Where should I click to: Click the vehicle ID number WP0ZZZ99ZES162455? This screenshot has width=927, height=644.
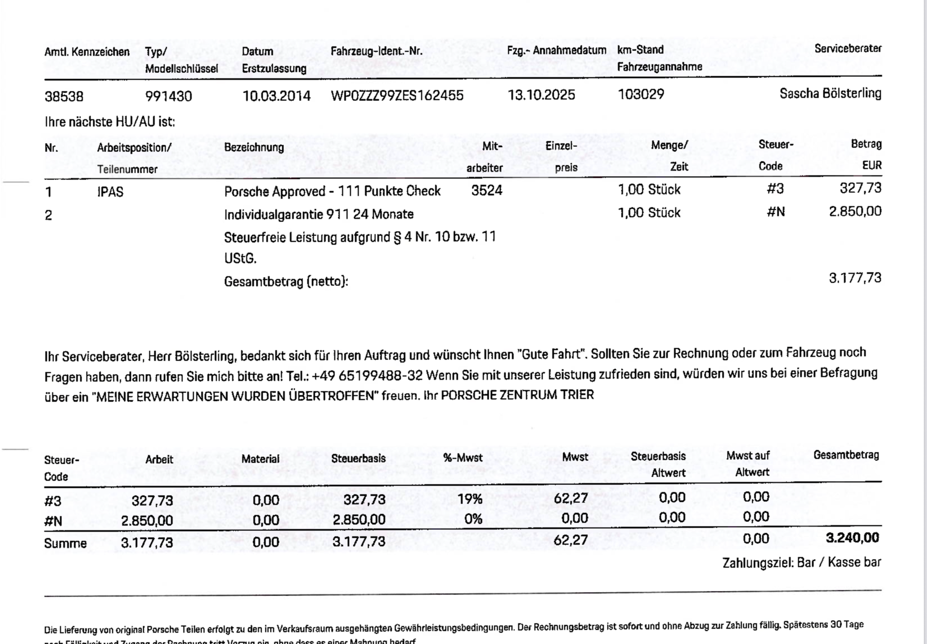click(x=397, y=95)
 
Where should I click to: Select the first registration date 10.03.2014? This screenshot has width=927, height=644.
click(x=277, y=96)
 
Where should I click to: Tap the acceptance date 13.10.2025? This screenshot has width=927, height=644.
click(x=541, y=95)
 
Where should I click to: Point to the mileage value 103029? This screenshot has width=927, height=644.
click(x=641, y=94)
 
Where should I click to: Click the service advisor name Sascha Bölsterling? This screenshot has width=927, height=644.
click(x=830, y=93)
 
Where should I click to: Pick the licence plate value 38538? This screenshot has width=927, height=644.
click(x=64, y=96)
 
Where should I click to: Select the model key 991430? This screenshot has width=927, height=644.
click(x=168, y=96)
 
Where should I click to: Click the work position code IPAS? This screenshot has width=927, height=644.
click(x=110, y=192)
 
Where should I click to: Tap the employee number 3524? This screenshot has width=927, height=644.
click(x=487, y=191)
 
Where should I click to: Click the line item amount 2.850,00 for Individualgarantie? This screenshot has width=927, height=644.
click(x=855, y=211)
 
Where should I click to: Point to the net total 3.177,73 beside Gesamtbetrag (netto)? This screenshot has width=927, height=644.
click(x=855, y=278)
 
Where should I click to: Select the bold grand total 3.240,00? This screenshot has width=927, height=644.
click(x=852, y=538)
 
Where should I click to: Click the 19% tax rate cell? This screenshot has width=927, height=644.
click(x=470, y=499)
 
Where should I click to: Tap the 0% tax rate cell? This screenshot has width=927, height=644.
click(x=473, y=519)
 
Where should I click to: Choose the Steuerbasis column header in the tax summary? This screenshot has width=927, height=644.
click(x=358, y=458)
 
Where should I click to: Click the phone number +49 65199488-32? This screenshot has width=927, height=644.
click(x=367, y=375)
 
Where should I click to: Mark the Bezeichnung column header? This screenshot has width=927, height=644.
click(x=254, y=147)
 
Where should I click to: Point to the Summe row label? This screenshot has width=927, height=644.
click(x=65, y=543)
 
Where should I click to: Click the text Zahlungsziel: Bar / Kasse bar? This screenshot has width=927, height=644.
click(x=801, y=563)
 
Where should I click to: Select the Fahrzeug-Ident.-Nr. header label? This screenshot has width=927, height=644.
click(x=376, y=51)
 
